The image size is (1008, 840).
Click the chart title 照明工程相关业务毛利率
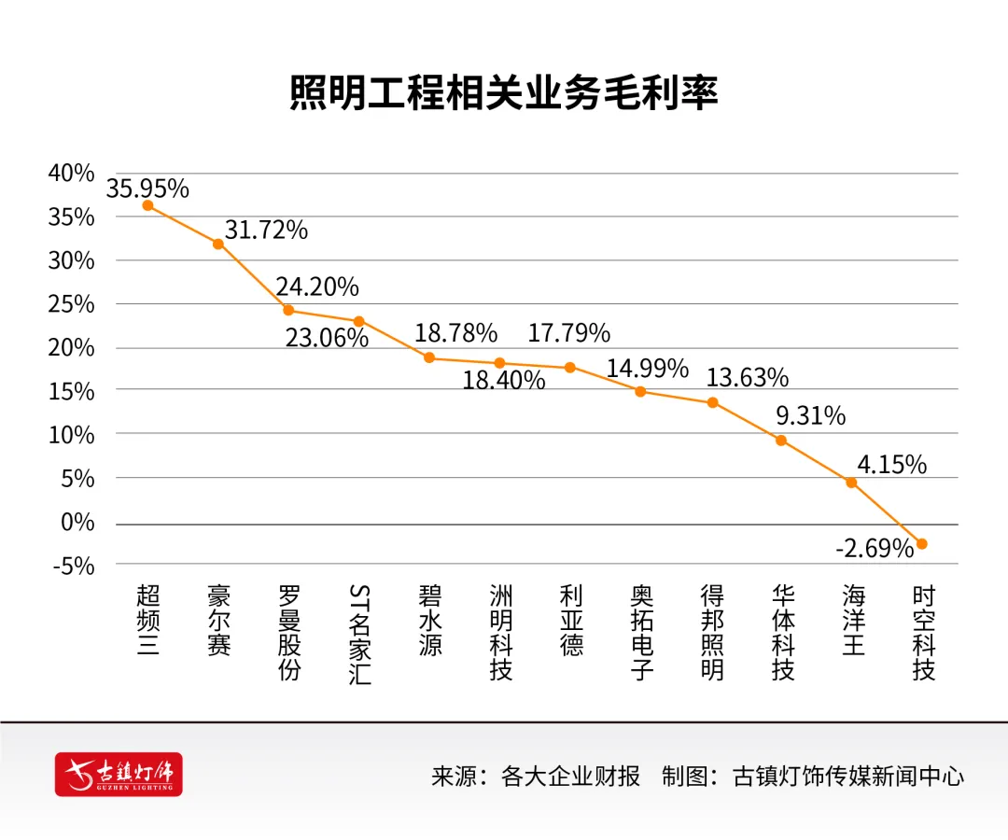coord(504,94)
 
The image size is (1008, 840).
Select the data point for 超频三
coord(147,205)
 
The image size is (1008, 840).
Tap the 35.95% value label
coord(147,189)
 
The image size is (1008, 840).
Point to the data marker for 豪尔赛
coord(217,244)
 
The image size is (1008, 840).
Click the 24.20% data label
coord(317,287)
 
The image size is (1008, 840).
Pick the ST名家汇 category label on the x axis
coord(359,635)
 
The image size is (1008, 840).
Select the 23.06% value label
coord(327,338)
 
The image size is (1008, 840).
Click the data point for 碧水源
coord(429,357)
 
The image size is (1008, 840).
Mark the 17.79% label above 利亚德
coord(569,332)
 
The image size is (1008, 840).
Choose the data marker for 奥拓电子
coord(640,392)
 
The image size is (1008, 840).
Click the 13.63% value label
coord(748,378)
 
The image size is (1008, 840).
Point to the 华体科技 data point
coord(781,441)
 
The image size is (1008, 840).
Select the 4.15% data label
coord(892,464)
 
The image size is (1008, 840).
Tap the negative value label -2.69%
coord(874,549)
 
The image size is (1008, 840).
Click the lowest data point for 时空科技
coord(922,544)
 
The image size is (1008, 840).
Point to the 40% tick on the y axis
coord(72,174)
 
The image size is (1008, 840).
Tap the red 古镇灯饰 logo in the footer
coord(119,774)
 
